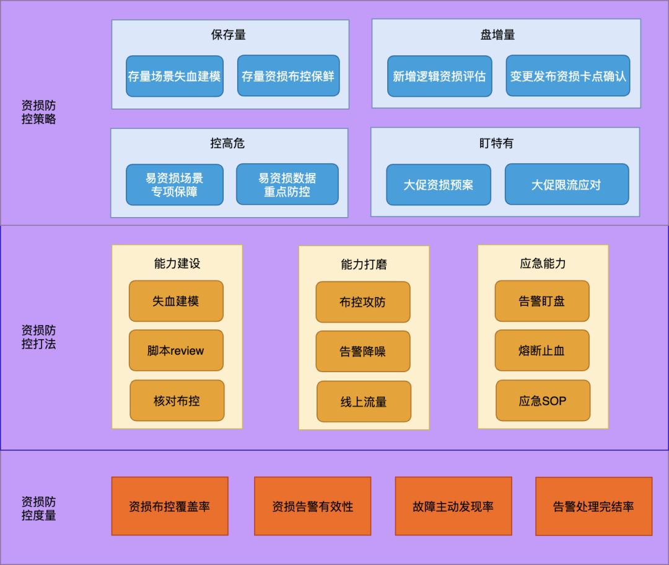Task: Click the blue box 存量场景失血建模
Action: pos(175,76)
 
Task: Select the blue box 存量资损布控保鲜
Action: pos(288,76)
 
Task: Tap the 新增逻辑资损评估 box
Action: pos(439,76)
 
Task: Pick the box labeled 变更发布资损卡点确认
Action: pos(567,76)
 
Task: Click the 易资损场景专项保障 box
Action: pos(175,185)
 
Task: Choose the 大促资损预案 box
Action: pos(439,185)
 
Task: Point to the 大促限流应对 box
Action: pos(566,185)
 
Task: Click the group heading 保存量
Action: pos(229,35)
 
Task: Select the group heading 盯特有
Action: pos(496,143)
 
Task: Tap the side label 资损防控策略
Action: pos(38,112)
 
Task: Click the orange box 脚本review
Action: pos(176,350)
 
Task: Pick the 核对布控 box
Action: pos(177,401)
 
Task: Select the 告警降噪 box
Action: pos(363,352)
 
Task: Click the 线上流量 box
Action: pos(364,402)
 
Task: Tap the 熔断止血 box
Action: pos(542,350)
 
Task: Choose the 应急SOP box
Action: pos(543,401)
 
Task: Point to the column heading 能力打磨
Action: pos(364,264)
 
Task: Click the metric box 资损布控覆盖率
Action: pos(170,506)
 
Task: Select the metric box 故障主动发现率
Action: pos(453,506)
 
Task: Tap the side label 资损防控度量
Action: pos(38,508)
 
